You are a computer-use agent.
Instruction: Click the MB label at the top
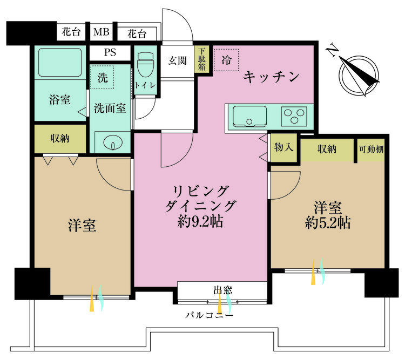pyautogui.click(x=101, y=33)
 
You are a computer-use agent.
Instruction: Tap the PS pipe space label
pyautogui.click(x=110, y=53)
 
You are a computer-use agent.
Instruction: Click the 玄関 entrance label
pyautogui.click(x=177, y=61)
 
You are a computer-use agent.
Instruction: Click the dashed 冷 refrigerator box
pyautogui.click(x=226, y=60)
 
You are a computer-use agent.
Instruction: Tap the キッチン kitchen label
pyautogui.click(x=271, y=77)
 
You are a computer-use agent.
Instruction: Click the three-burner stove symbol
pyautogui.click(x=293, y=116)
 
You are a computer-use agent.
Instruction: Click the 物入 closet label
pyautogui.click(x=283, y=148)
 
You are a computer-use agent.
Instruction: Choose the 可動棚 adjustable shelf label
pyautogui.click(x=370, y=149)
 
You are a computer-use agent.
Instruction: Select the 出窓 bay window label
pyautogui.click(x=222, y=290)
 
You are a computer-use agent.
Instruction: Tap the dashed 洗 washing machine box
pyautogui.click(x=102, y=78)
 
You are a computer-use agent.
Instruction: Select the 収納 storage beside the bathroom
pyautogui.click(x=60, y=139)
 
